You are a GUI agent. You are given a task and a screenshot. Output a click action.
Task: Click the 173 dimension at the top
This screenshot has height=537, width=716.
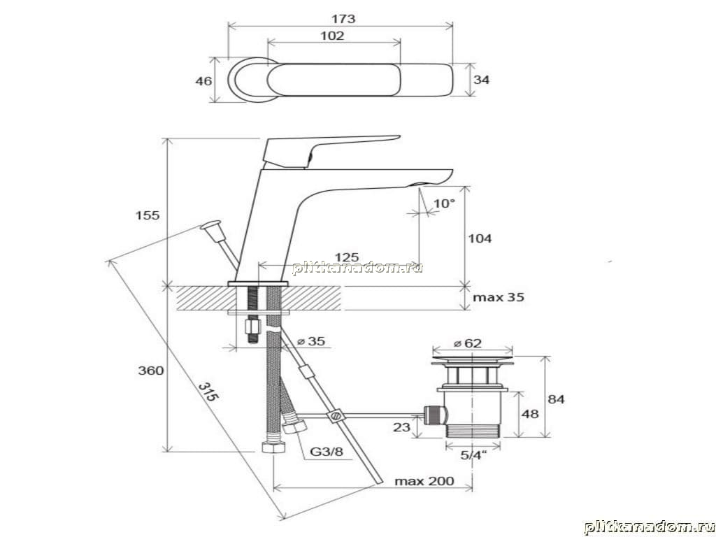(x=343, y=19)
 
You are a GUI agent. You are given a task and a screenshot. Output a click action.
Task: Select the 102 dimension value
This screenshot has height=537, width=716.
(x=332, y=36)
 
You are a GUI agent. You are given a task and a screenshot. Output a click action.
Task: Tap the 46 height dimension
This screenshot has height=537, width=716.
(x=203, y=81)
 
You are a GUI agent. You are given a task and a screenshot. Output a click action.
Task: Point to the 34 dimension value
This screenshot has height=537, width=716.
(x=481, y=80)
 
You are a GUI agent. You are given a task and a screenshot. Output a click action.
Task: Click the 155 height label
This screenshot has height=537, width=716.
(x=148, y=215)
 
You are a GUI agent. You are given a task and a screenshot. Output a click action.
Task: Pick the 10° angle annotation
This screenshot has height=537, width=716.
(x=444, y=203)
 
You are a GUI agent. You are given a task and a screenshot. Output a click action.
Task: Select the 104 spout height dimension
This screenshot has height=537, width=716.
(x=480, y=238)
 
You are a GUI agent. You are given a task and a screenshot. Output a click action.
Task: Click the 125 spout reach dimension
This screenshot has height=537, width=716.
(x=347, y=257)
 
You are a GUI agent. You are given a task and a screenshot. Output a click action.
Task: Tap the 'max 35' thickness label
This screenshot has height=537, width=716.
(x=499, y=297)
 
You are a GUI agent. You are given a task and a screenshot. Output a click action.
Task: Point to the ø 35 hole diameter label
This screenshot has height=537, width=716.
(x=311, y=341)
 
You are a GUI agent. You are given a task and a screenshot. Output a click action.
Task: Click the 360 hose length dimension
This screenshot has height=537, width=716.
(x=151, y=371)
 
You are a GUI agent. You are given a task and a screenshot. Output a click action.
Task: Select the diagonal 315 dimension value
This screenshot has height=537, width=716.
(x=208, y=392)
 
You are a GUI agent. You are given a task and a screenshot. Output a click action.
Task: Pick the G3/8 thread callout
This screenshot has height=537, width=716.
(x=327, y=452)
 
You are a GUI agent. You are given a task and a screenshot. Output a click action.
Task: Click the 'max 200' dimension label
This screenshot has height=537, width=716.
(x=424, y=481)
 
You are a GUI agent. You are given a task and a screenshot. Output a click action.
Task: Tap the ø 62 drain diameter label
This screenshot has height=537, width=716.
(x=467, y=343)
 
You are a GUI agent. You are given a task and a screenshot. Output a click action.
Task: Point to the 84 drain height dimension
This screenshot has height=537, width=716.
(x=556, y=399)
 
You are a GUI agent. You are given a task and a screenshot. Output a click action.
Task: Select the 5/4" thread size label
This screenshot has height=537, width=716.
(x=473, y=454)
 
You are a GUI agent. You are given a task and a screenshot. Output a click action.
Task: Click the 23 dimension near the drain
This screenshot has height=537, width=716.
(x=401, y=427)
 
